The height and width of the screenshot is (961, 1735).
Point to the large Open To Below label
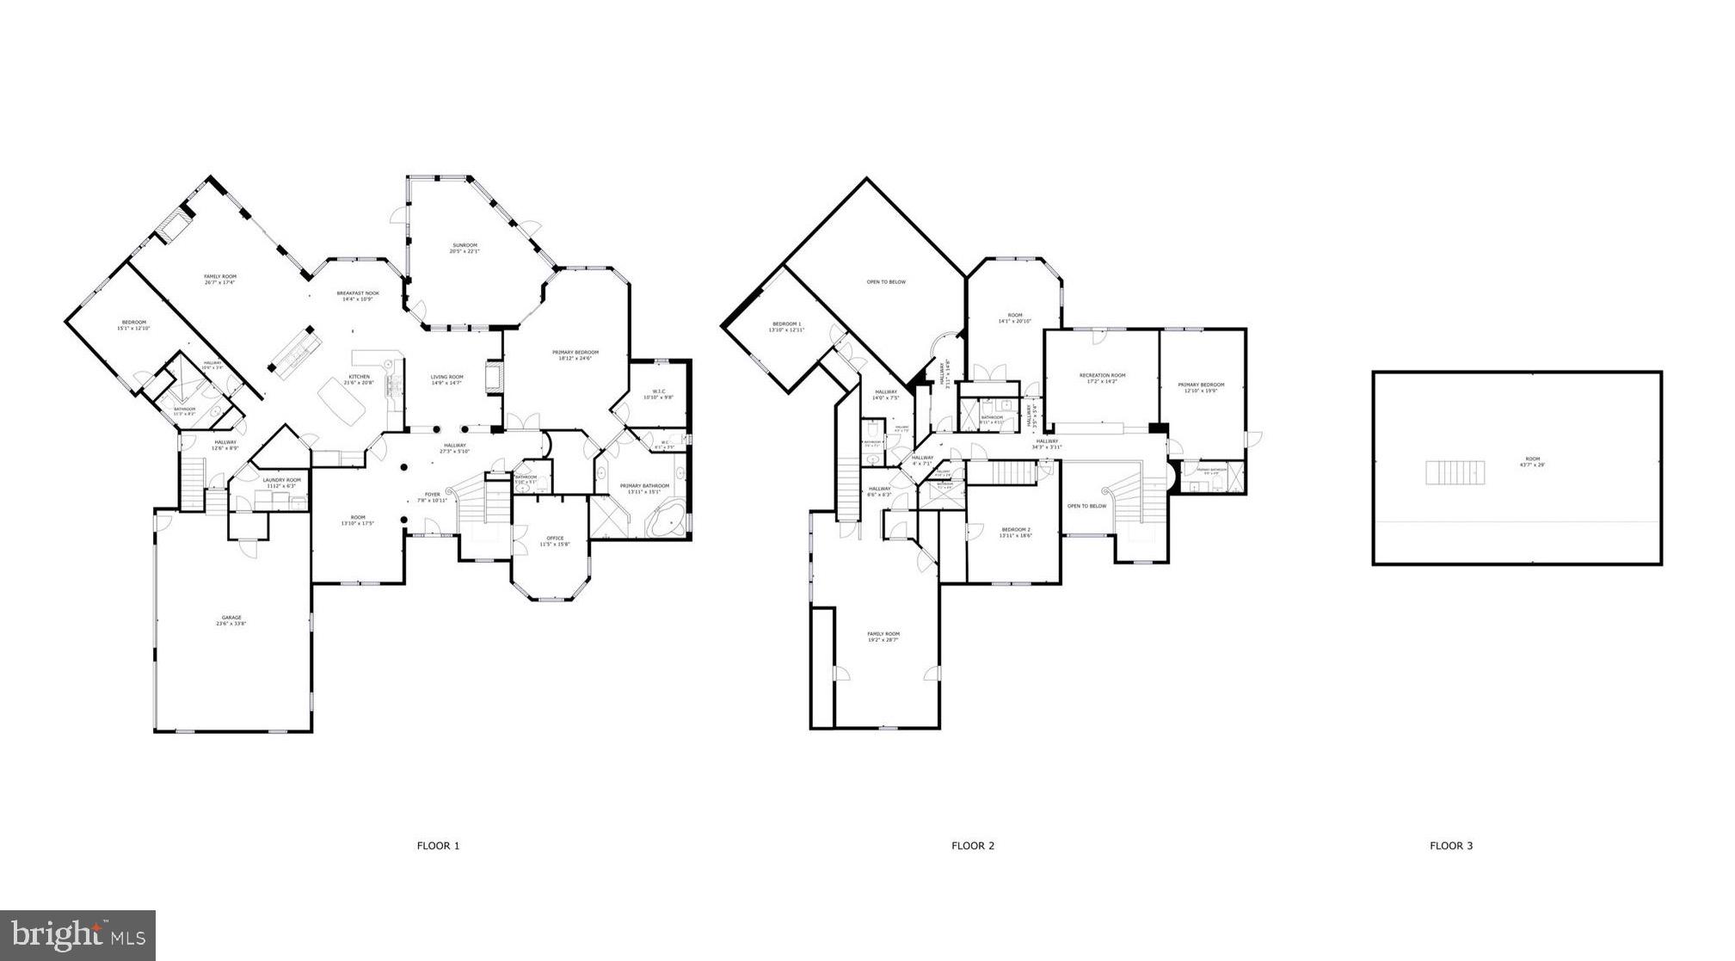pos(885,282)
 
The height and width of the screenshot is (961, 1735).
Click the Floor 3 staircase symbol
pos(1455,472)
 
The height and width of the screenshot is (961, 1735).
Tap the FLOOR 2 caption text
pos(972,846)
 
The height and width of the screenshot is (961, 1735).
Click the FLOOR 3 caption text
pos(1450,846)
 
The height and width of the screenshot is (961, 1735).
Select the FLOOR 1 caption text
pos(438,846)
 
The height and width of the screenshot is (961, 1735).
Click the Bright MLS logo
pos(77,934)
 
